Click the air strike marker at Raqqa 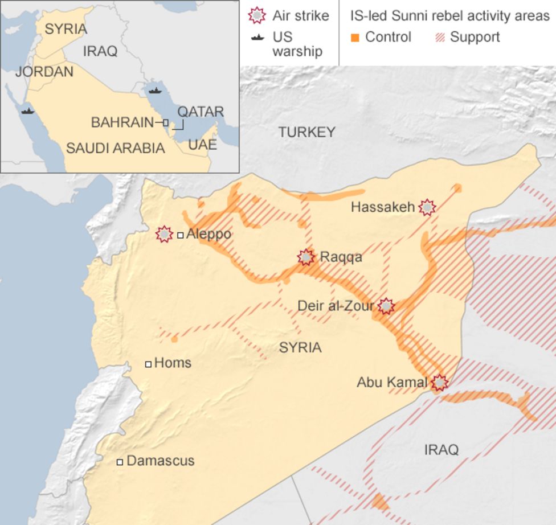(x=306, y=257)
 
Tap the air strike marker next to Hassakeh (x=427, y=207)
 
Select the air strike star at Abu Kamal (x=439, y=383)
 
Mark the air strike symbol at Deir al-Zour (x=386, y=306)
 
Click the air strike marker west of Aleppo (x=164, y=234)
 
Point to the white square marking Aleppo (x=181, y=235)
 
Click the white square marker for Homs (x=148, y=364)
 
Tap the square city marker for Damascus (x=120, y=462)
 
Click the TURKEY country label (x=306, y=132)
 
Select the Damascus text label (x=160, y=461)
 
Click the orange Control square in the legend (x=355, y=38)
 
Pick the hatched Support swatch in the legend (x=440, y=38)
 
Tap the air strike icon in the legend (x=257, y=15)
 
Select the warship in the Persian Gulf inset (x=154, y=90)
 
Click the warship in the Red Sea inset (x=27, y=111)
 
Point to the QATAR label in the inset (x=200, y=112)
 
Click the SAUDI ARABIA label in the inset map (x=115, y=149)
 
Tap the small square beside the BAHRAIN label (x=165, y=122)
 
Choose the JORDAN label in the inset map (x=44, y=72)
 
